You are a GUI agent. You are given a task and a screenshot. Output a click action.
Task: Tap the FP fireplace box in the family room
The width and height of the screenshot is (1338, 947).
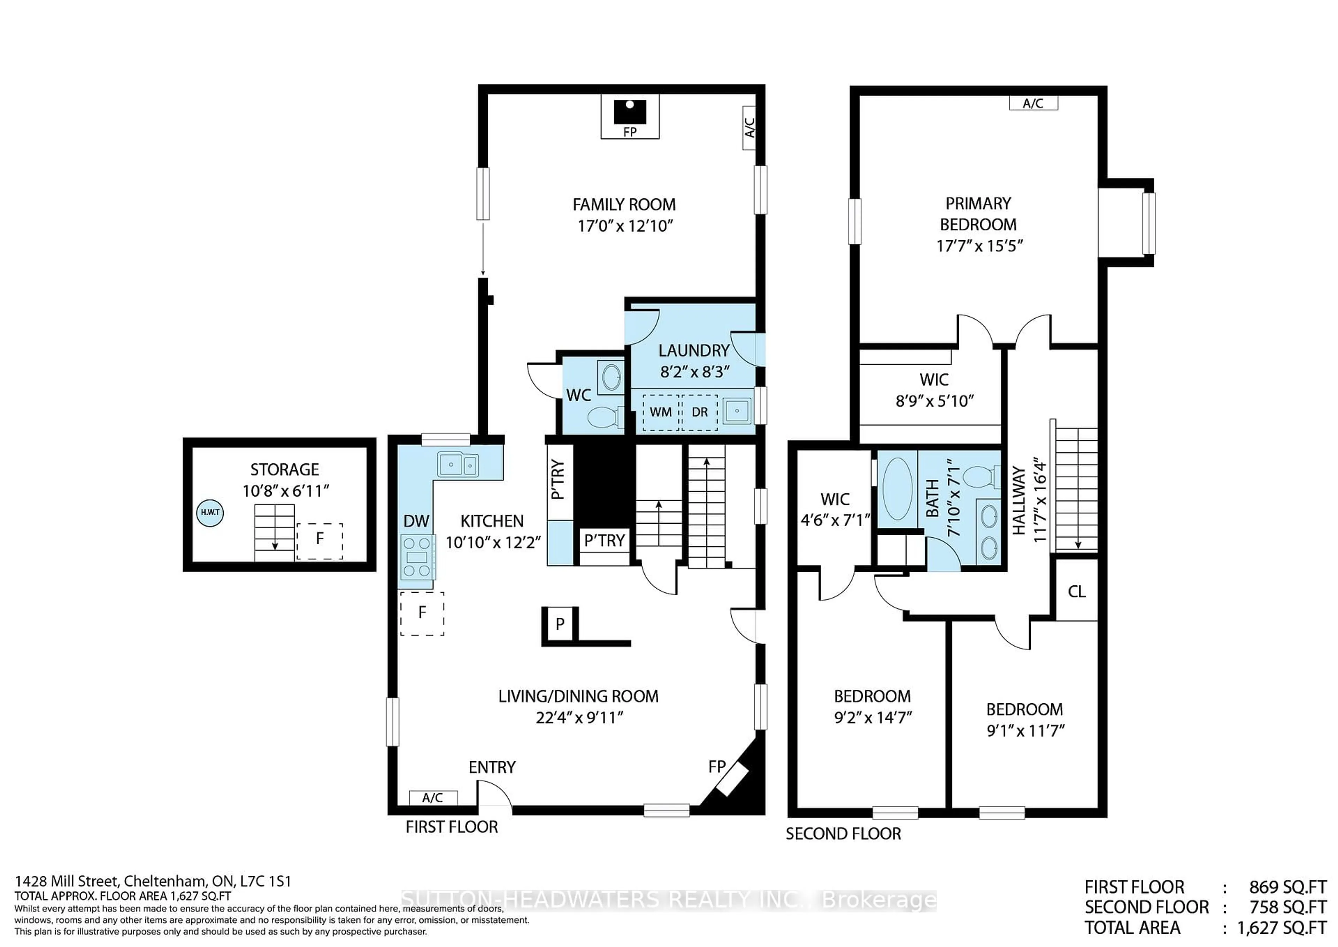(x=630, y=116)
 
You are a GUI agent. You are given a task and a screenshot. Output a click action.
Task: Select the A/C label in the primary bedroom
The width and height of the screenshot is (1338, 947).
(x=1033, y=103)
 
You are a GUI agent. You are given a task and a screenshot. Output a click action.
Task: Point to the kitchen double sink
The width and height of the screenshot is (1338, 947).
(x=458, y=465)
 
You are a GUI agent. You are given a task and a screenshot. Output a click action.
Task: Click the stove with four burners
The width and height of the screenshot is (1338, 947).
(x=417, y=557)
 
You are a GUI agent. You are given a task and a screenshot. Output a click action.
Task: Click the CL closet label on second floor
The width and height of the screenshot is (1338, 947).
(x=1076, y=592)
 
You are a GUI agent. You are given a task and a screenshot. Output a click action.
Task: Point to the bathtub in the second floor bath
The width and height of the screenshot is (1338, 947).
(x=898, y=488)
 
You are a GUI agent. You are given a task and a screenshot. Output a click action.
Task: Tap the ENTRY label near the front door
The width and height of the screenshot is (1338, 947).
(x=492, y=767)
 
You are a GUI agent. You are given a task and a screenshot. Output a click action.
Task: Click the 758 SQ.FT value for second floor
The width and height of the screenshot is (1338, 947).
(x=1287, y=907)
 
